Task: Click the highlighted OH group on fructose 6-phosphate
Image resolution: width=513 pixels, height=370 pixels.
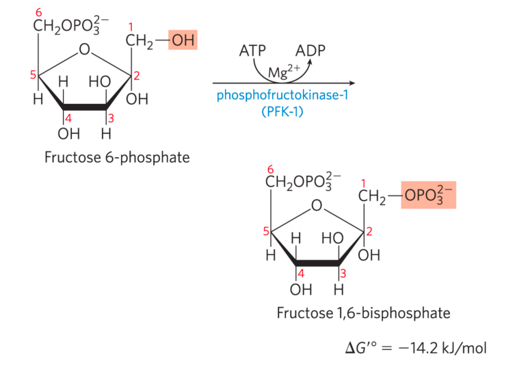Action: [x=183, y=41]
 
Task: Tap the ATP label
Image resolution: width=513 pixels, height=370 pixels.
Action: [x=253, y=51]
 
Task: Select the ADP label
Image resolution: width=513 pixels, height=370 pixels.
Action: [x=310, y=51]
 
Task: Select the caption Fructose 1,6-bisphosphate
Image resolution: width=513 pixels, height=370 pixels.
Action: [x=363, y=313]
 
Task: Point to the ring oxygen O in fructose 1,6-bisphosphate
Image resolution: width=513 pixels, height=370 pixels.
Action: [x=316, y=205]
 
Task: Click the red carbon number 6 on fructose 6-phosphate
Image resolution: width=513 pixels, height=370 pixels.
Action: [x=38, y=12]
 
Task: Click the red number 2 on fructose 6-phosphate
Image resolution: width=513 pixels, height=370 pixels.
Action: [x=137, y=76]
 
